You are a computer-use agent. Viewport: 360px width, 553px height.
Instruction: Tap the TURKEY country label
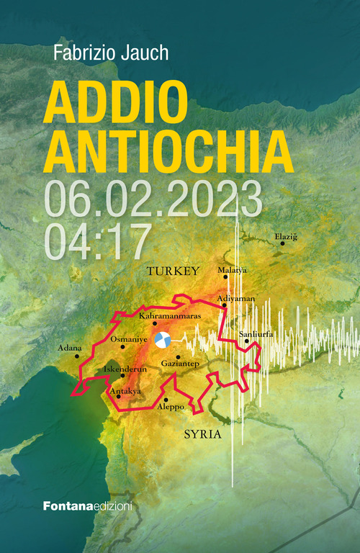tap(172, 271)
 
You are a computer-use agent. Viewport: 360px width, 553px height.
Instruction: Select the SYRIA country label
tap(202, 435)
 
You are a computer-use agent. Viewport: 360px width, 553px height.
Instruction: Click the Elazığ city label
tap(285, 236)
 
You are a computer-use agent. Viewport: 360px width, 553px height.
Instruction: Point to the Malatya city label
tap(232, 270)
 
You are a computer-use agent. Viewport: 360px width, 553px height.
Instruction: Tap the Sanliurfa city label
tap(256, 334)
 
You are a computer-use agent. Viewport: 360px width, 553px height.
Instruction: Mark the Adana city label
tap(70, 348)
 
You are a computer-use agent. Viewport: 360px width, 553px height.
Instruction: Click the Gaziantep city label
tap(180, 364)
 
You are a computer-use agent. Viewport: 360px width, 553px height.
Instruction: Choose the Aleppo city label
tap(171, 407)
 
